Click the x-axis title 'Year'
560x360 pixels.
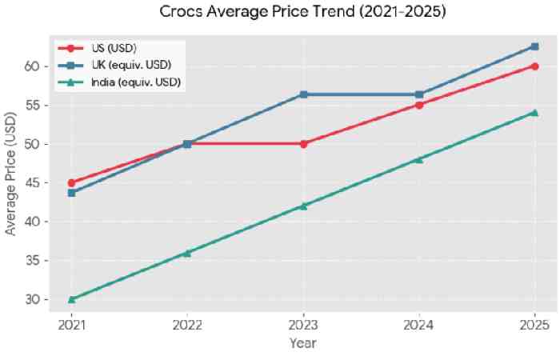[303, 343]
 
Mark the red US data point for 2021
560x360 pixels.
[72, 183]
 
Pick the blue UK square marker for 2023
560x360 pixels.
[303, 94]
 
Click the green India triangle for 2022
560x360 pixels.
[187, 253]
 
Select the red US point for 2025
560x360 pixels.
[534, 66]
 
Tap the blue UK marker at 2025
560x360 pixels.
[534, 46]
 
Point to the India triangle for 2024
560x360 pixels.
[419, 159]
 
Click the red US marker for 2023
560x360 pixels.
[303, 144]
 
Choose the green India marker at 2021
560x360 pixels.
[72, 299]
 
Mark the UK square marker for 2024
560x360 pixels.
[419, 94]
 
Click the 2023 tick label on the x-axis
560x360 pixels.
[303, 324]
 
